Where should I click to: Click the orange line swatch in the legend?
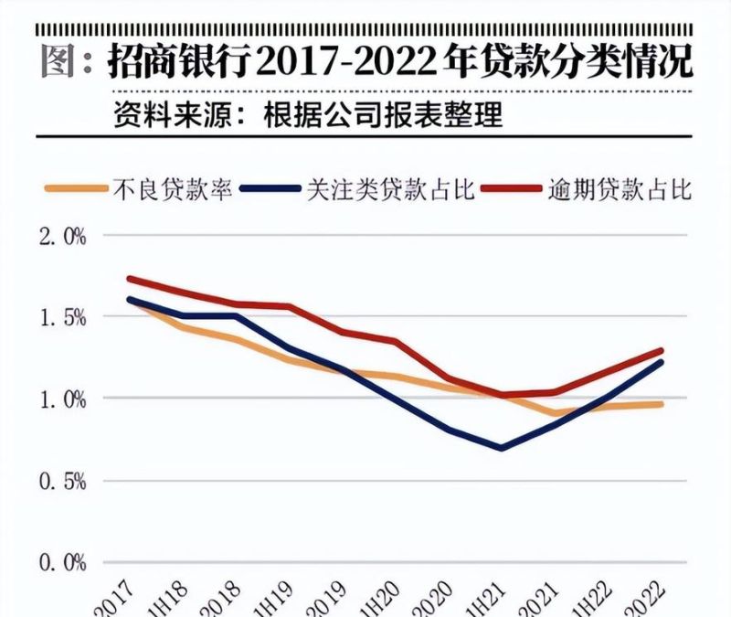click(x=76, y=190)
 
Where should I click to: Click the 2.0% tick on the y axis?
click(x=62, y=237)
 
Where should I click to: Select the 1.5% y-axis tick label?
click(x=62, y=318)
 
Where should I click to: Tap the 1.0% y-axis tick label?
click(x=62, y=399)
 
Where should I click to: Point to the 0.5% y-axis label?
click(x=62, y=481)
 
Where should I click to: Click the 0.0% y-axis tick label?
click(x=62, y=562)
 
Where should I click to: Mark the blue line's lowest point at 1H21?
click(x=502, y=448)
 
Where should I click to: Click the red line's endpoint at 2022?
click(x=661, y=350)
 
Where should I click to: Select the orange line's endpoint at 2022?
click(x=661, y=404)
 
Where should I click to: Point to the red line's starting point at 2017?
click(x=131, y=279)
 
